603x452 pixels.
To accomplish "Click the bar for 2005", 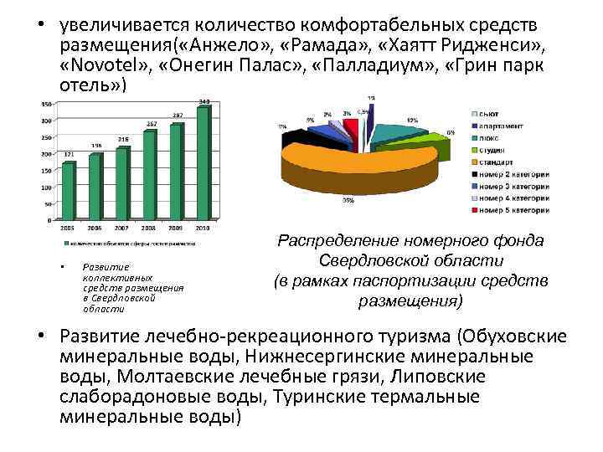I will (69, 190).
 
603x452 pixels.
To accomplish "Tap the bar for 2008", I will (150, 175).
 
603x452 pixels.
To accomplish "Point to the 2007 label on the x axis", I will (122, 227).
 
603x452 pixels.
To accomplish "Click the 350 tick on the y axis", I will (46, 104).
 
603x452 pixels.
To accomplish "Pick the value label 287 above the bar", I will (178, 116).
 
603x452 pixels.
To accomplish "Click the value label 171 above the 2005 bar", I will (68, 155).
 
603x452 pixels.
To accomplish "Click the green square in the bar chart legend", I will (65, 244).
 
